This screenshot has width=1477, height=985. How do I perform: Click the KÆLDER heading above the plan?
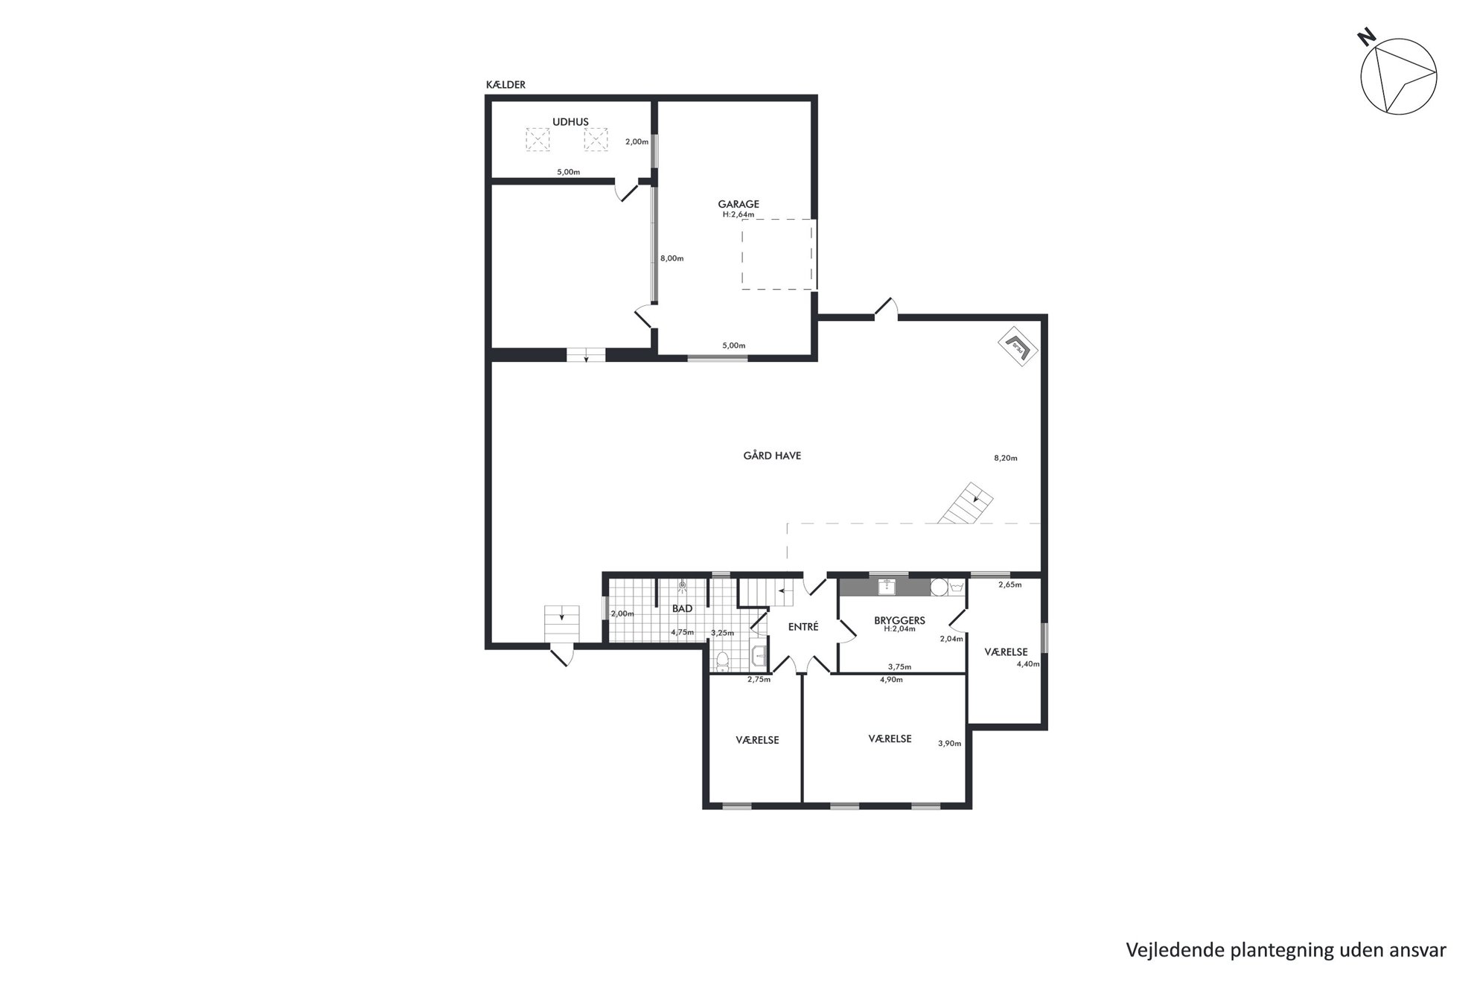(x=505, y=85)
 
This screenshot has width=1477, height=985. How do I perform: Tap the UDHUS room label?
(x=570, y=122)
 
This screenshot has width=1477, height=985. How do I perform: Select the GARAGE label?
(x=738, y=204)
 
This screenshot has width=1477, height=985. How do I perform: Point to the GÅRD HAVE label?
(x=772, y=456)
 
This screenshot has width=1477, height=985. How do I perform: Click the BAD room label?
(x=682, y=608)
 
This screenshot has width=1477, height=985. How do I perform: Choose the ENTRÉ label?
(x=803, y=627)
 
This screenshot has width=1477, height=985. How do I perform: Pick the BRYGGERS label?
(x=899, y=620)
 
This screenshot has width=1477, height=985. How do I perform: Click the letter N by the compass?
(x=1366, y=37)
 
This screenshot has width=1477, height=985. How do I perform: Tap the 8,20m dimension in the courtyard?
(x=1005, y=458)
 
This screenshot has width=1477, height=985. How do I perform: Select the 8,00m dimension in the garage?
(x=671, y=258)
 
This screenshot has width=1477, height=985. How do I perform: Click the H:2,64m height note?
(x=738, y=214)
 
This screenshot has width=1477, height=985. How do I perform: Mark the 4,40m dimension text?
(x=1028, y=664)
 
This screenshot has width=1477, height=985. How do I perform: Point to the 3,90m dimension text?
(x=949, y=743)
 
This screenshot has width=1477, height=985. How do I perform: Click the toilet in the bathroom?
(x=721, y=661)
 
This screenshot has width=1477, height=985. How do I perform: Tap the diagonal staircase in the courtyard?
(x=966, y=504)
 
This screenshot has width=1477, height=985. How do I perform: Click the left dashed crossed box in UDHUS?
(x=537, y=139)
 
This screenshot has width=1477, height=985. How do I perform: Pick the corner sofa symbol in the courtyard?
(x=1018, y=346)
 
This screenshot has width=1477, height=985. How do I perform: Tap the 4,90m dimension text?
(x=891, y=680)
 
